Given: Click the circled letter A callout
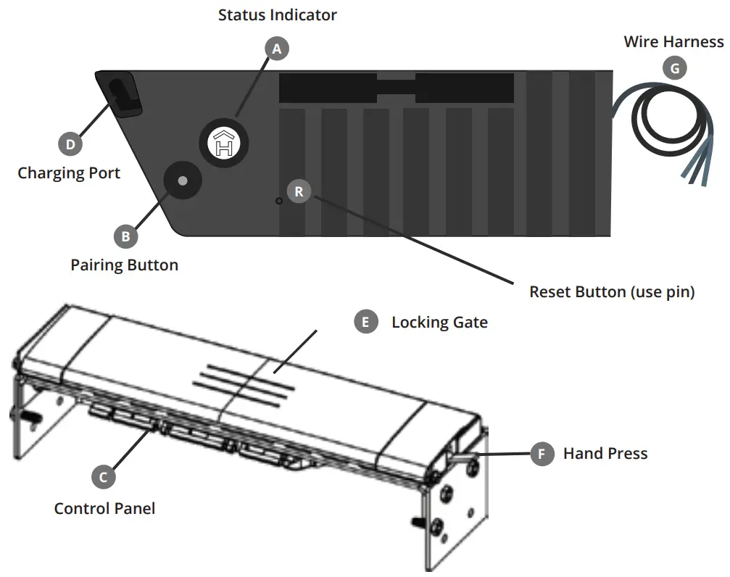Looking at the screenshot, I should tap(276, 49).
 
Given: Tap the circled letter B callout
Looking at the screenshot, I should tap(125, 236).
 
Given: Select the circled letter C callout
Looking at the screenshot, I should tap(104, 477).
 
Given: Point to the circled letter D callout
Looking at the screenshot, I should tap(70, 144).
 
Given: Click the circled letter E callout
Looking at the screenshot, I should tap(365, 322).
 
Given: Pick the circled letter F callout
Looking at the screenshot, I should tap(541, 454).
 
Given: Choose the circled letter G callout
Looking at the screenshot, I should tap(674, 69).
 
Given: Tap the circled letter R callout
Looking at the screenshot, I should tap(299, 192).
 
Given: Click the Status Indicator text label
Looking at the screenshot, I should tap(278, 14).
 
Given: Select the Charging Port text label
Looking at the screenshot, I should tap(69, 173).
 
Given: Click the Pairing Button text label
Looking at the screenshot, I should tap(124, 265).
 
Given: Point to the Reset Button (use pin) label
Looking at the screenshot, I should tap(612, 292).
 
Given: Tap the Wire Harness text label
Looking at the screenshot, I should tap(673, 42).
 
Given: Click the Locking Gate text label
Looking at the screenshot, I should tap(439, 322).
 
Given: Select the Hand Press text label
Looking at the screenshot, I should tap(605, 454).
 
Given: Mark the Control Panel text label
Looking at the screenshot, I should tap(104, 508).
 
